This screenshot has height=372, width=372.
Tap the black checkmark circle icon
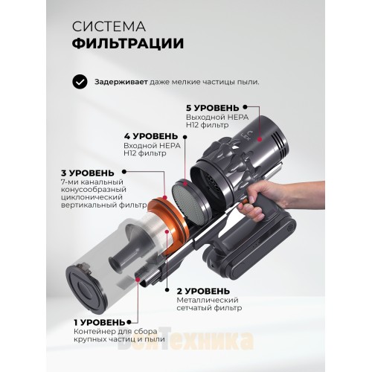click(79, 82)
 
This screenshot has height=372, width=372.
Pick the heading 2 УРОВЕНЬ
click(204, 290)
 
